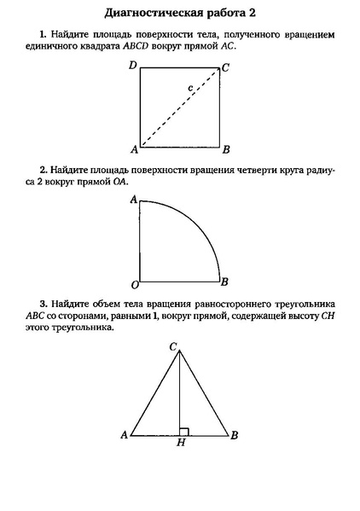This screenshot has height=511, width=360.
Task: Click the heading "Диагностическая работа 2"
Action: (x=180, y=14)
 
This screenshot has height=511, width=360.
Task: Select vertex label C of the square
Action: (x=225, y=67)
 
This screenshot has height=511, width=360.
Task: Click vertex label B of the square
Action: (x=225, y=149)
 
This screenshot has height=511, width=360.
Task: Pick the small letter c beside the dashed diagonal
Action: (x=191, y=87)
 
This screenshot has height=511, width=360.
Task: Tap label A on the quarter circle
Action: (x=133, y=200)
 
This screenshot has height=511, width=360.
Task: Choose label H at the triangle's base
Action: (x=180, y=444)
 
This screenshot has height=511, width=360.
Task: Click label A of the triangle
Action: (x=124, y=434)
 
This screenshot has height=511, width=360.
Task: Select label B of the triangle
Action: (x=235, y=434)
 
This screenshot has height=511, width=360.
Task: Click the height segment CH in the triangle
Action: (x=179, y=392)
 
